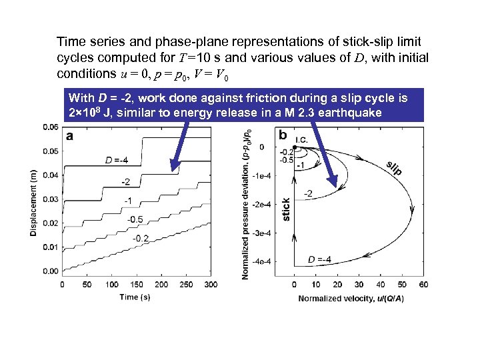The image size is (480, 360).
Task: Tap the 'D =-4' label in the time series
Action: (117, 160)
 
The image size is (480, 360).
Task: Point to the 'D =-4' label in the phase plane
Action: (320, 259)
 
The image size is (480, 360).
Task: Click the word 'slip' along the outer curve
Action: (394, 168)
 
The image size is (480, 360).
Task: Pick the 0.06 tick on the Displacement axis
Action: (49, 127)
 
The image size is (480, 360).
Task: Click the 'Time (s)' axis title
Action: (135, 297)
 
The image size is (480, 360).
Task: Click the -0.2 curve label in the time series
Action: (141, 237)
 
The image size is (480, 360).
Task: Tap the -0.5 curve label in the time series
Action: (135, 219)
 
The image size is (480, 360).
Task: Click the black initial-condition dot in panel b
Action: (295, 147)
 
